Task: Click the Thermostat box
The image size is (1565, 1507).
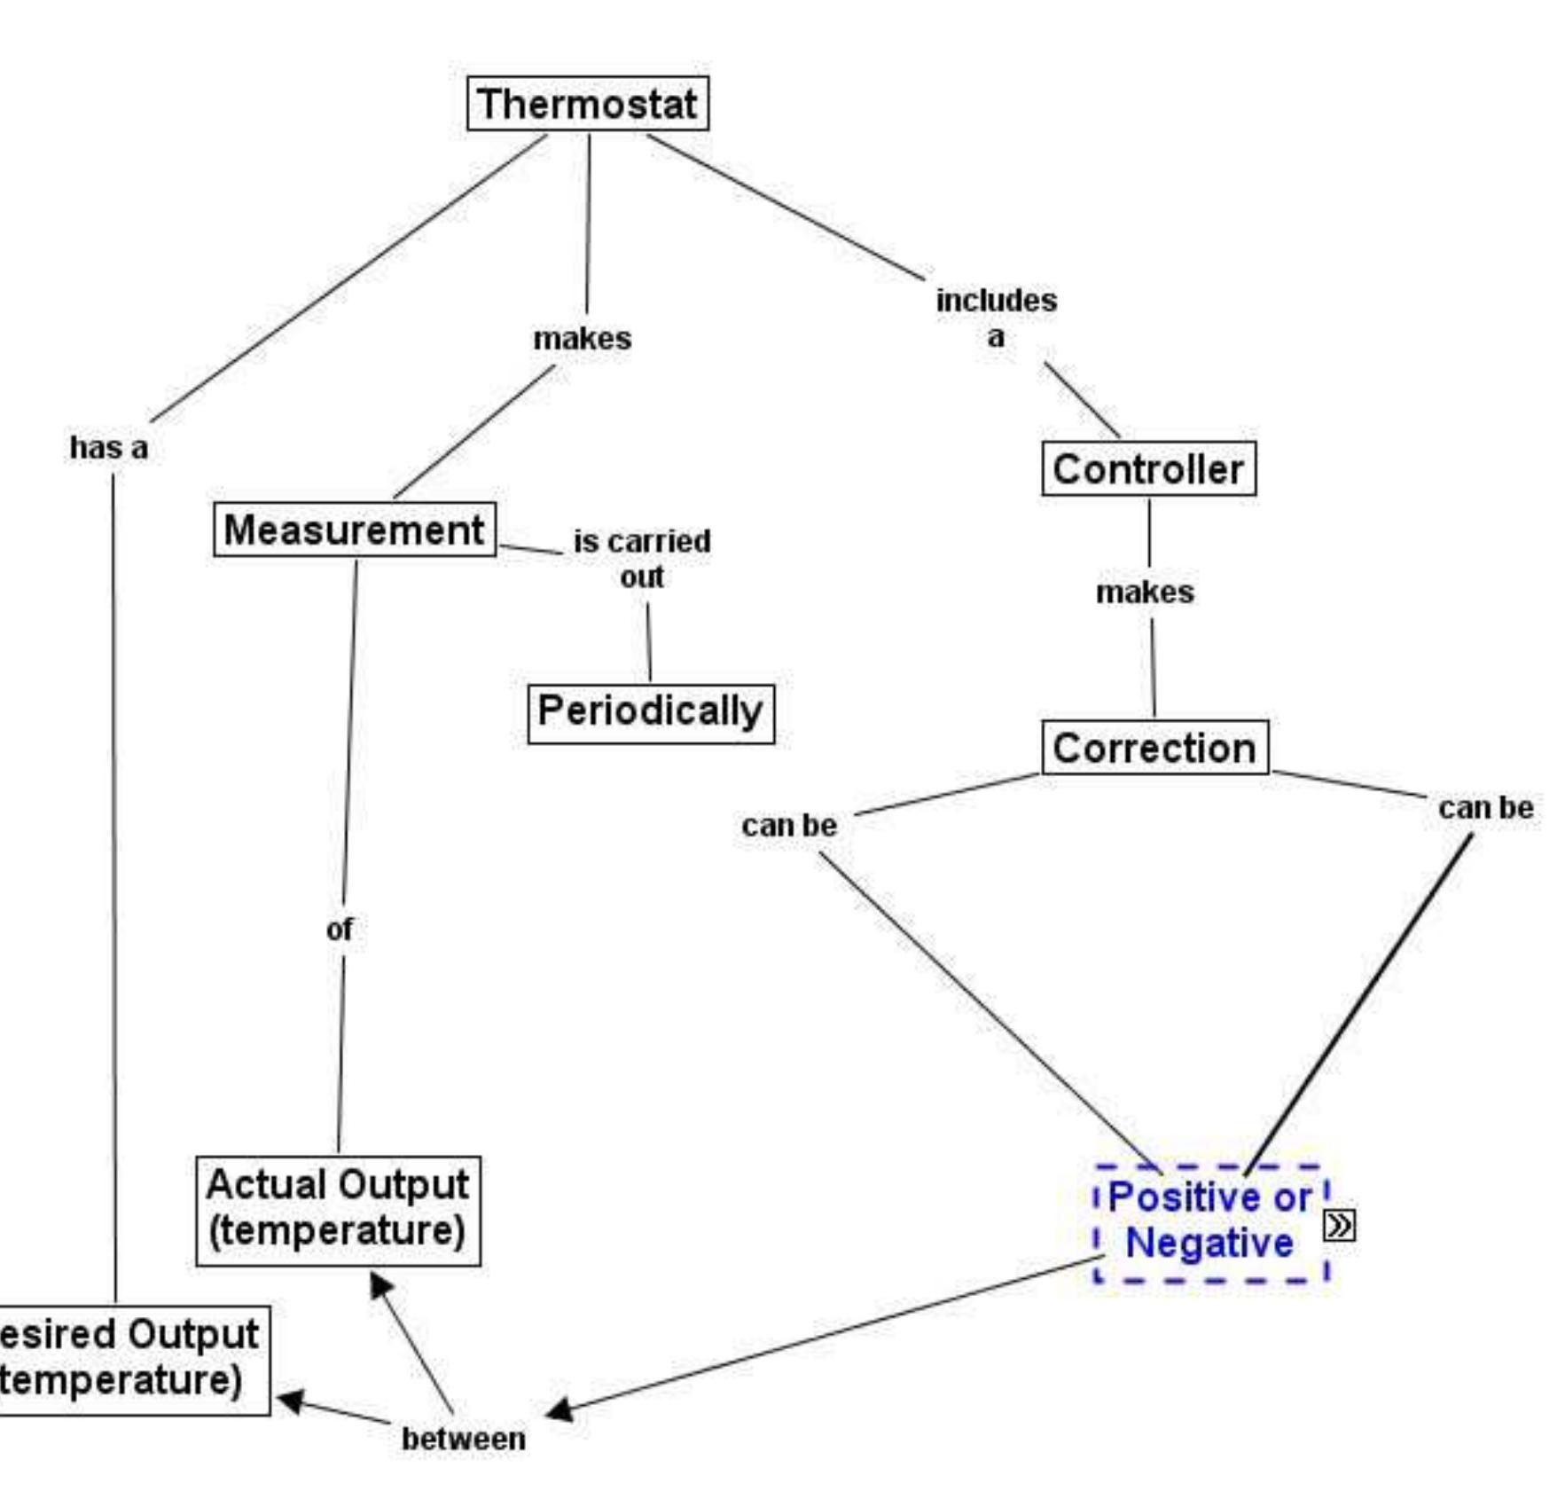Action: point(587,104)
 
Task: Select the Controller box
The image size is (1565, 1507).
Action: point(1147,468)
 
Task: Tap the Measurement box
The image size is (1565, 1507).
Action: point(354,530)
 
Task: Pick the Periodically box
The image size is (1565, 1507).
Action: point(650,711)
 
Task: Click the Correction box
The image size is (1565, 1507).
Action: point(1154,748)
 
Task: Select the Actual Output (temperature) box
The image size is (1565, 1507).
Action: point(338,1210)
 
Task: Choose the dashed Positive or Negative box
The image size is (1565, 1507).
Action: point(1210,1221)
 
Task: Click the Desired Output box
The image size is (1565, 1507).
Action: point(129,1358)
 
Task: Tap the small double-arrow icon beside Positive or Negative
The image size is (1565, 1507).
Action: point(1339,1225)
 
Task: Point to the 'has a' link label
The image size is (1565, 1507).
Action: point(108,447)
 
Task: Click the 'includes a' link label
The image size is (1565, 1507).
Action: point(996,318)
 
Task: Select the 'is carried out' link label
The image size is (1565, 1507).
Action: point(641,558)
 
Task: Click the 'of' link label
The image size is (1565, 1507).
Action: point(339,929)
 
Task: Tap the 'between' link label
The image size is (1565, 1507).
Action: point(463,1438)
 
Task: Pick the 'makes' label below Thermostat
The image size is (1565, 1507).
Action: point(582,338)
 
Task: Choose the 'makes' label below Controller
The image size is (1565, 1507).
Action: point(1145,592)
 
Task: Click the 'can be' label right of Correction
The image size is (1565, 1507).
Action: point(1485,807)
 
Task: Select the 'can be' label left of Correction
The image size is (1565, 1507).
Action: point(788,825)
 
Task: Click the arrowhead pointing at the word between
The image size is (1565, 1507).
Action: point(559,1409)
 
